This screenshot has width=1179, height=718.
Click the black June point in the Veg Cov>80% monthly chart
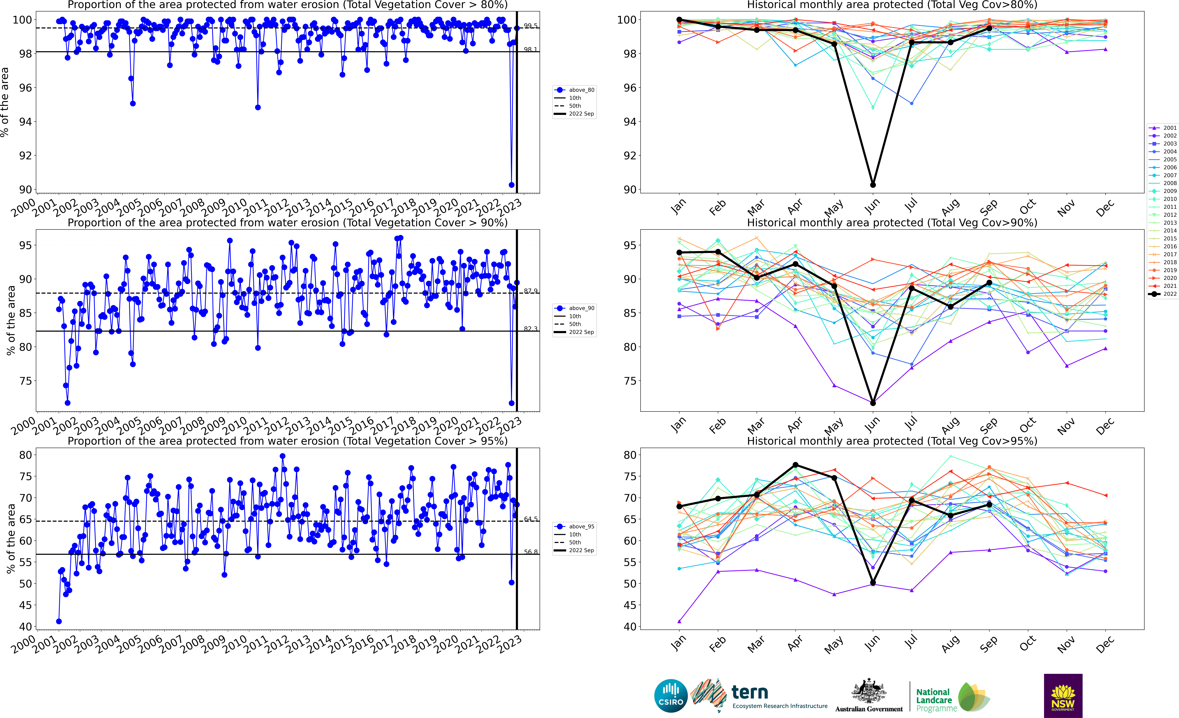[x=873, y=185]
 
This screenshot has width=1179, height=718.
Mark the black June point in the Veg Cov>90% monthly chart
[x=873, y=403]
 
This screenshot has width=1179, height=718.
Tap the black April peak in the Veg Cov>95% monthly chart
[x=795, y=465]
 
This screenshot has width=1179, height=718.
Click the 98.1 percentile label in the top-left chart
[x=530, y=49]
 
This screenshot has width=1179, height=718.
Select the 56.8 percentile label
[x=530, y=552]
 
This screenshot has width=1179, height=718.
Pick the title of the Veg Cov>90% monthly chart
[x=892, y=223]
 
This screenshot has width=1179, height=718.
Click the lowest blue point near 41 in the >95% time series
[x=59, y=621]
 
